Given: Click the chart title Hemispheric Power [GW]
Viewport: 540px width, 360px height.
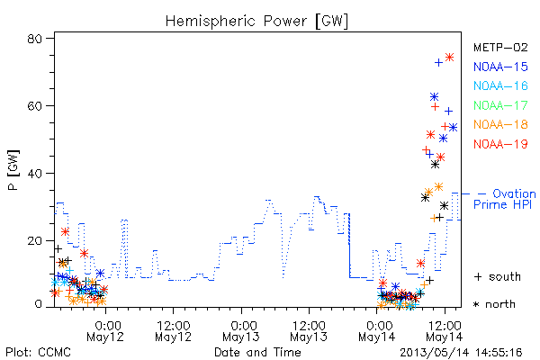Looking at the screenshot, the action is click(256, 22).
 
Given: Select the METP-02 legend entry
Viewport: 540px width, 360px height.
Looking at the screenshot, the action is click(500, 48).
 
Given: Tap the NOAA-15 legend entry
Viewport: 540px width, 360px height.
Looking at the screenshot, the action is click(500, 67).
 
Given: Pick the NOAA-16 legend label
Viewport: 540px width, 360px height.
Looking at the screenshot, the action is click(500, 85).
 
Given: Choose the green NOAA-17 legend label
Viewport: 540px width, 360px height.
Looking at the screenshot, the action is click(500, 105).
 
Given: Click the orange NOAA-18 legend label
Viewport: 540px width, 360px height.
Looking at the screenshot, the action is click(500, 124).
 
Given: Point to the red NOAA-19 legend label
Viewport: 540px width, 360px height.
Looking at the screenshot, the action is click(500, 144).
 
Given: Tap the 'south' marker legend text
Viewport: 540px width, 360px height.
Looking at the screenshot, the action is click(498, 276).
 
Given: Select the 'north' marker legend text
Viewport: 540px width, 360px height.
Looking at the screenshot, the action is click(494, 304).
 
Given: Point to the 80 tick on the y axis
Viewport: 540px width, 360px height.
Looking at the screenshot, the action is click(34, 38).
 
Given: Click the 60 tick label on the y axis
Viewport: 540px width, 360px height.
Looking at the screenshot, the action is click(34, 105).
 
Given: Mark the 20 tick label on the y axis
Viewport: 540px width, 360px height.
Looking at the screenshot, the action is click(34, 240).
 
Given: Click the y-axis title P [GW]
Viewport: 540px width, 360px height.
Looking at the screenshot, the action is click(13, 170).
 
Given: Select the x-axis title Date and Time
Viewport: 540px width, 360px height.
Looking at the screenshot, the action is click(257, 352).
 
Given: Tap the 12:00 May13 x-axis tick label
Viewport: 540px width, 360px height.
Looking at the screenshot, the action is click(309, 331).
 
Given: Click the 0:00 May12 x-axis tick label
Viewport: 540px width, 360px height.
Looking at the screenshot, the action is click(105, 331).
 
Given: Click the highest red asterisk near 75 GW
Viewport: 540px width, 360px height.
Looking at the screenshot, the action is click(449, 58).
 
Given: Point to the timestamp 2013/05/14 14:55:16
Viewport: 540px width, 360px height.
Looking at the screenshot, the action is click(461, 353).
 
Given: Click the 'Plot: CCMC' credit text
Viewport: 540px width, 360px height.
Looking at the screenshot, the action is click(38, 353).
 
